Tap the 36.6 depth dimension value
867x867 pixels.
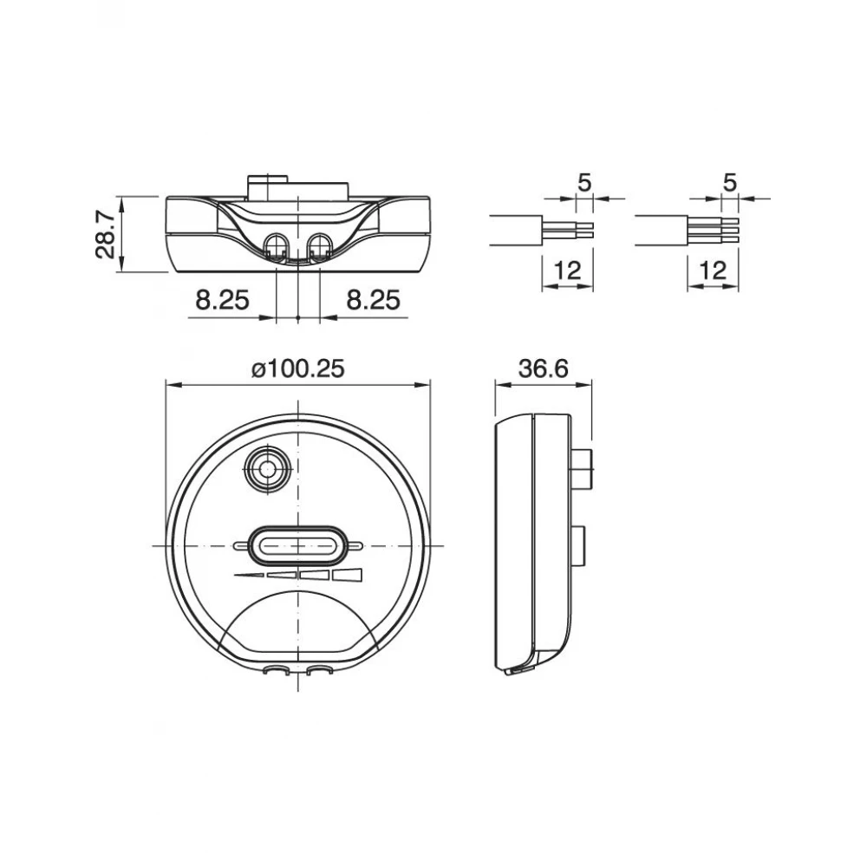pos(543,368)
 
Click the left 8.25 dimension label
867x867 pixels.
pos(222,300)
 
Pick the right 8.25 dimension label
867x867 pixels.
pos(373,300)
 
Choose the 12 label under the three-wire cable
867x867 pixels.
pos(712,271)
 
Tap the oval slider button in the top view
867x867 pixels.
pos(297,545)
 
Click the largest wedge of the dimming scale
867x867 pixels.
pos(349,575)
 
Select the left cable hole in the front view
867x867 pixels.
pos(277,245)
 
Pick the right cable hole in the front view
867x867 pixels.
pos(318,245)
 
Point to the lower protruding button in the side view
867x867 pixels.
pos(579,544)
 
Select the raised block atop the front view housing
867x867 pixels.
pos(298,186)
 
